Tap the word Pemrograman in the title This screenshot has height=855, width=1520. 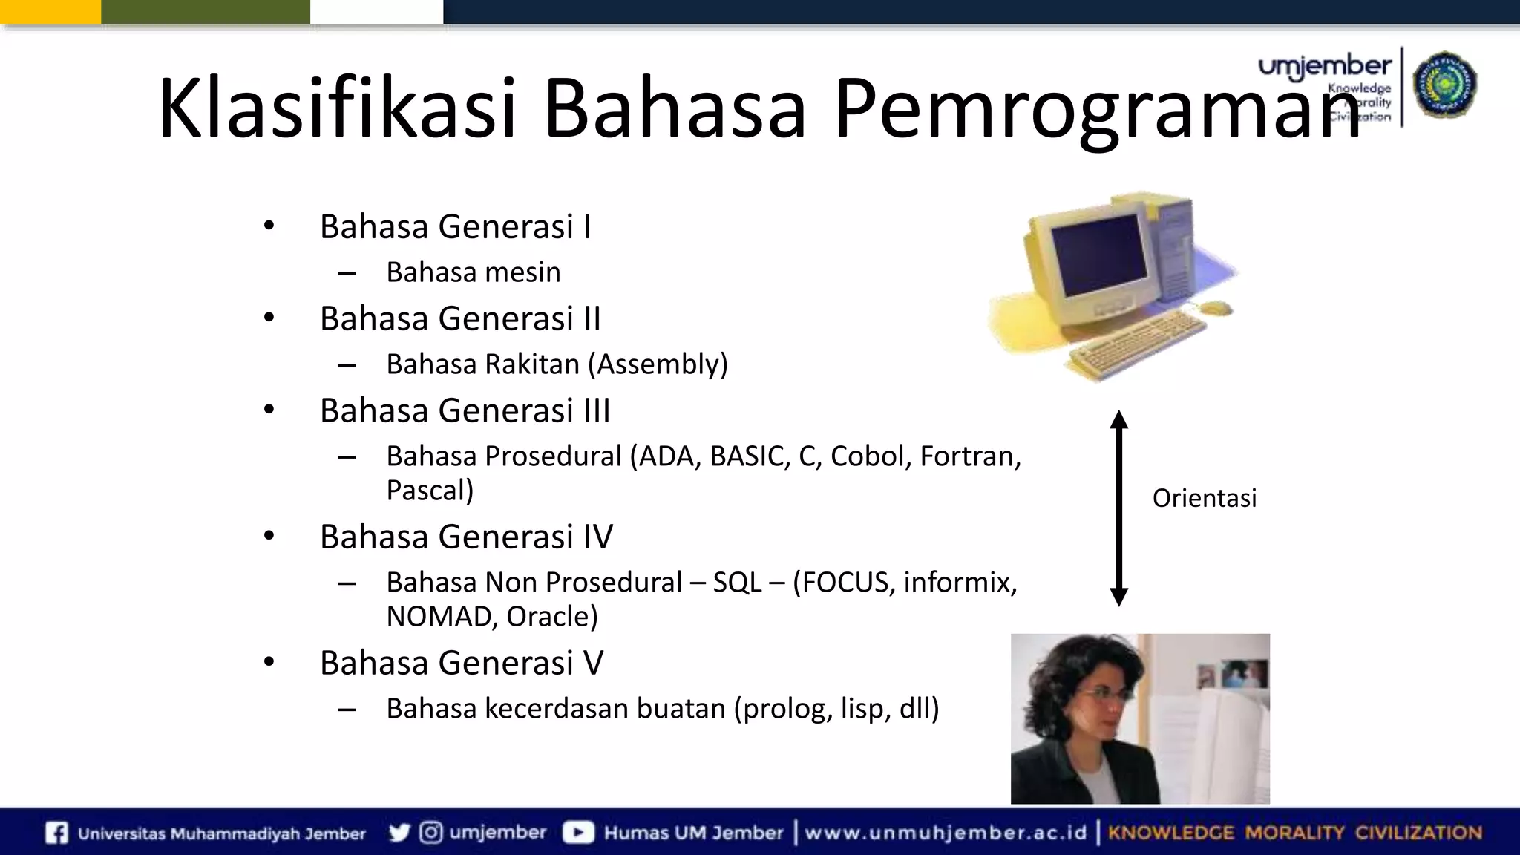(1097, 110)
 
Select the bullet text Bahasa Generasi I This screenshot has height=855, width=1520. (455, 226)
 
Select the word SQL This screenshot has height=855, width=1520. (737, 583)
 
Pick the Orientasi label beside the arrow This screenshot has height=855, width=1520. (1204, 498)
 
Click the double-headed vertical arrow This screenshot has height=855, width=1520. (1118, 508)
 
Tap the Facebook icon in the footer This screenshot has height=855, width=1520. (56, 833)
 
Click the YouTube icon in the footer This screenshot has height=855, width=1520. (577, 833)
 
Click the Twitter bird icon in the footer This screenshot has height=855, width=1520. (399, 833)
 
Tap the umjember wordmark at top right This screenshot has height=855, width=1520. (1324, 68)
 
